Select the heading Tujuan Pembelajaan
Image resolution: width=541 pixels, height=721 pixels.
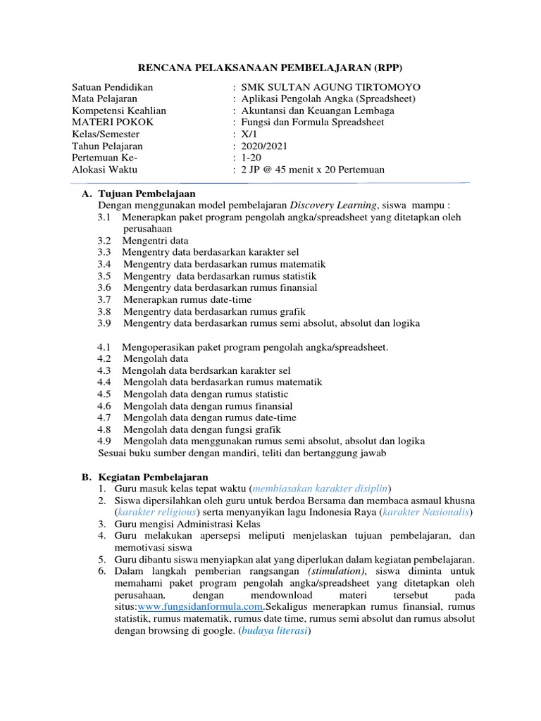(147, 194)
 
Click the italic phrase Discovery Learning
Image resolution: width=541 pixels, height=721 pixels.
(335, 206)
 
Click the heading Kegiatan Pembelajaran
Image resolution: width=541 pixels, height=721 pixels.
(153, 477)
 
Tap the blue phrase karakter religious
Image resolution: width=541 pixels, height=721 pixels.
(157, 512)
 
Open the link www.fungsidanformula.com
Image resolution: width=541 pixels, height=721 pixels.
(200, 607)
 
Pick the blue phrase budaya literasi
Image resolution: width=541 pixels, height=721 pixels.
(275, 631)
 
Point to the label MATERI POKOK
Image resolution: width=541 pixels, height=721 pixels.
(113, 122)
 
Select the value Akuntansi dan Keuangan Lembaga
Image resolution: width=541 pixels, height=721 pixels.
(317, 111)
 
